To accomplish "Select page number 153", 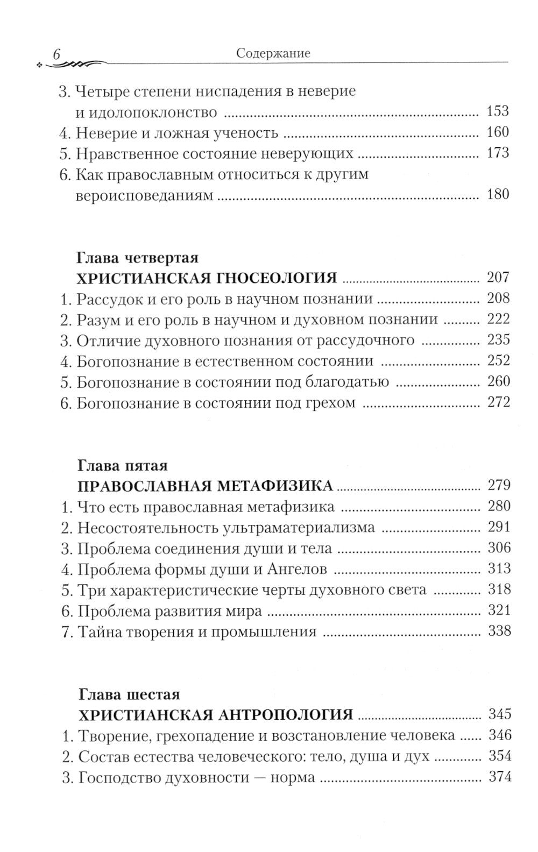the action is point(497,112).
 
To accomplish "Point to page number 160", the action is point(497,132).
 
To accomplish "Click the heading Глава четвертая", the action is point(138,258).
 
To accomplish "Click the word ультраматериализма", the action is point(301,527).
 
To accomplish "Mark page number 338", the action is point(498,630).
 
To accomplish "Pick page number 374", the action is point(498,776).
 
